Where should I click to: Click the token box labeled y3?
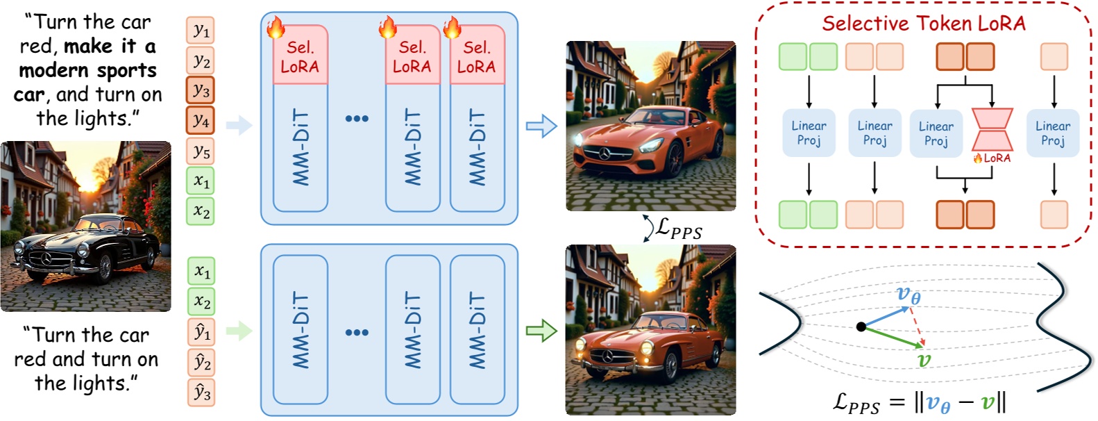(200, 90)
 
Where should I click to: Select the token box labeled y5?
(200, 151)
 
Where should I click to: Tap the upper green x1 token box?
(200, 181)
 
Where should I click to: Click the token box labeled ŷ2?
(201, 362)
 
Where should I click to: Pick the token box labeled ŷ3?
(201, 393)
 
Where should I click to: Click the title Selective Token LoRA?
(923, 24)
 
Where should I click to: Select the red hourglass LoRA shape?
(992, 130)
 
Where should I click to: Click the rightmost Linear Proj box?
(1052, 133)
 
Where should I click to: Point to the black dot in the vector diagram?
(861, 327)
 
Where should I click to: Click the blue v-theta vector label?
(908, 295)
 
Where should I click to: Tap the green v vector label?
(924, 360)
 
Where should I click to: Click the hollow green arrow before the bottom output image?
(541, 331)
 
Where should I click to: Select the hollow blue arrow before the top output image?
(541, 126)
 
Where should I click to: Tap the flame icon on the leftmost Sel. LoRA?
(276, 28)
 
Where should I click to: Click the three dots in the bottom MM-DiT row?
(357, 332)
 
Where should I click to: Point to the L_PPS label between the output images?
(678, 229)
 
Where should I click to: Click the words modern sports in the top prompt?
(87, 70)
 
